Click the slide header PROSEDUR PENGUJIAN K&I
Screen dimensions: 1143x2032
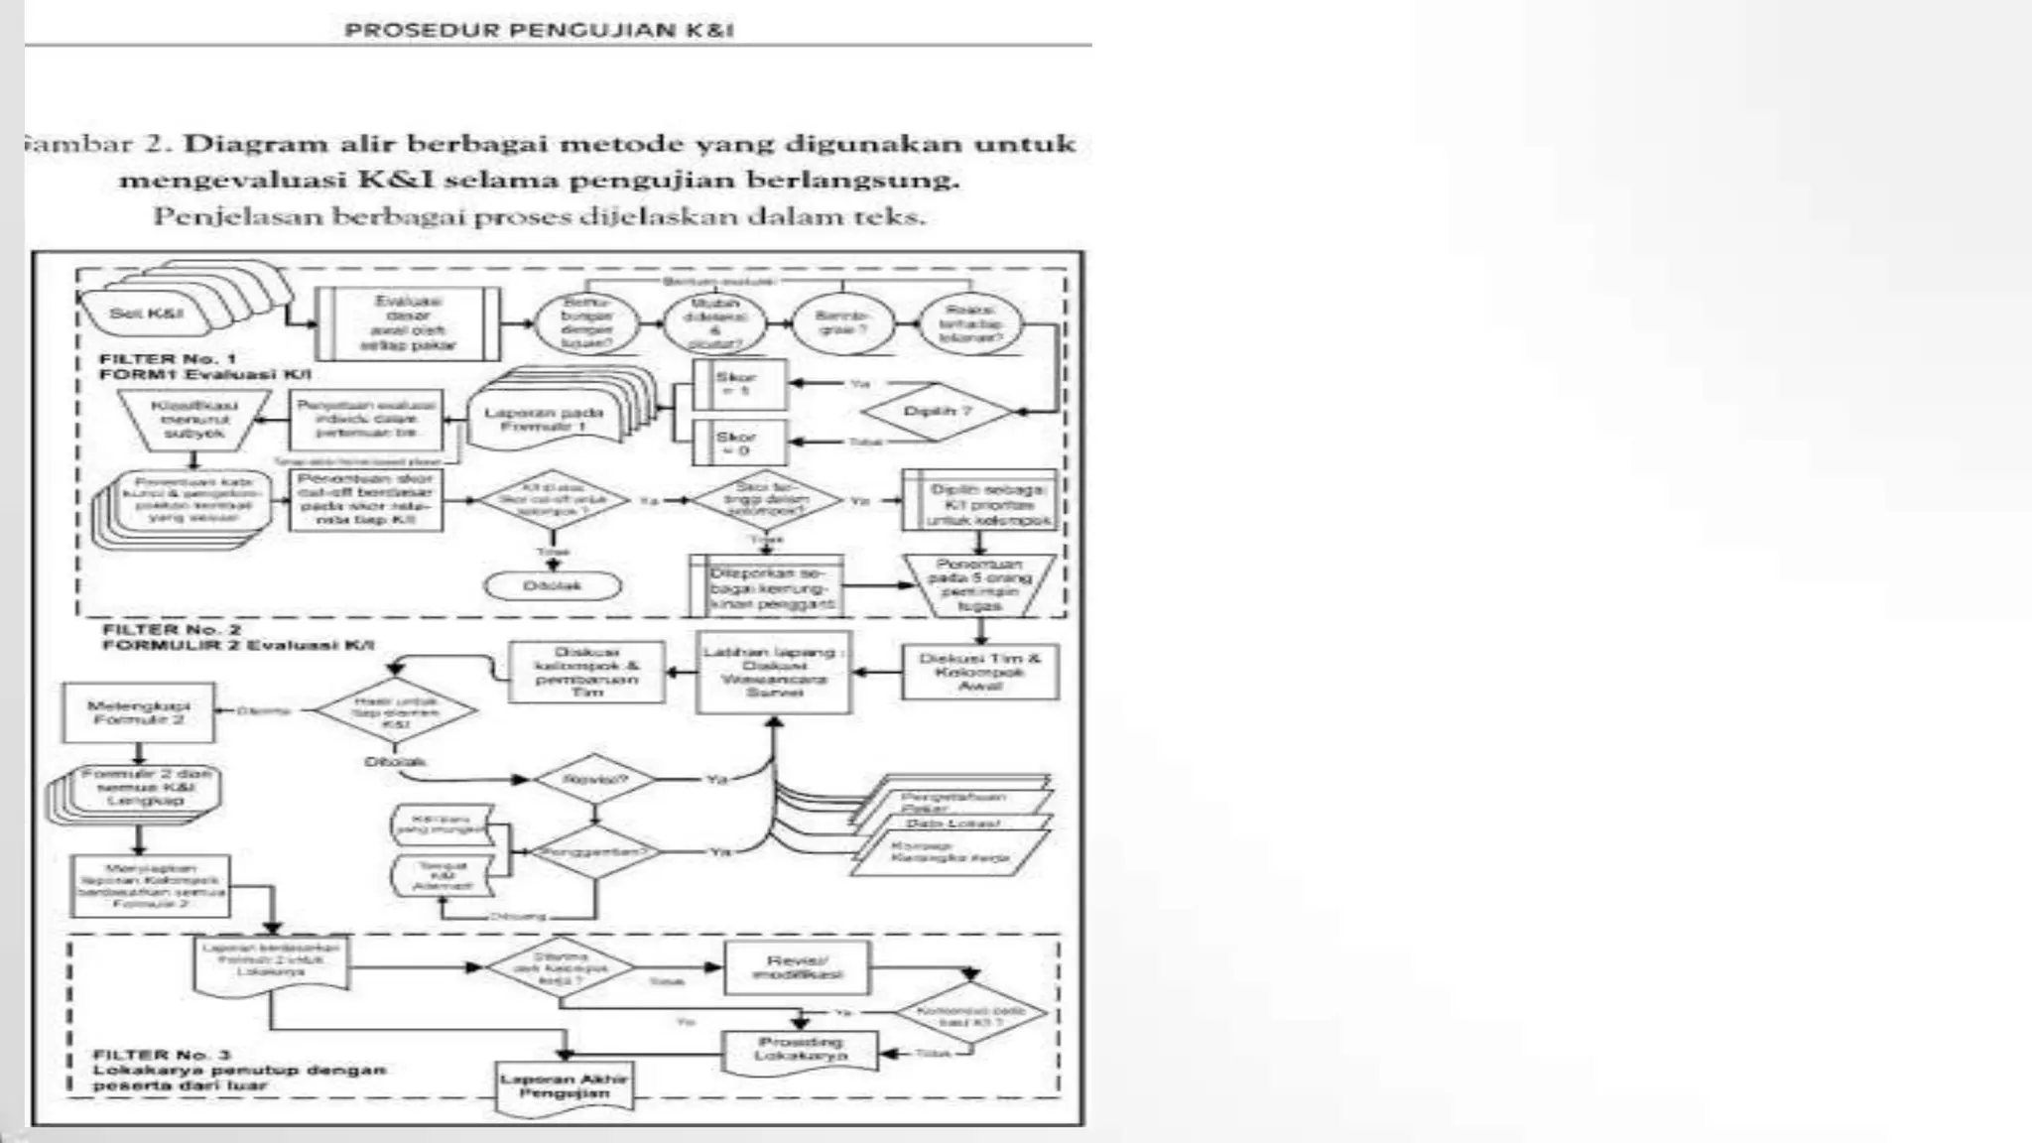(539, 30)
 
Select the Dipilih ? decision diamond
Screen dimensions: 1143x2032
(937, 411)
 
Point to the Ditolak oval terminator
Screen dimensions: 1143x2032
(553, 585)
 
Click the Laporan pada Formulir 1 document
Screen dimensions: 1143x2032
(544, 420)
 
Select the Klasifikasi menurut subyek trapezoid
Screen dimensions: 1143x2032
(194, 419)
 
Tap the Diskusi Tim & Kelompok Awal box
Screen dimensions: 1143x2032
(979, 672)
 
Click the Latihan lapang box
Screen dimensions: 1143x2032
(774, 672)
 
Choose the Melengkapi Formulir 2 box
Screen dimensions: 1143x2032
(138, 712)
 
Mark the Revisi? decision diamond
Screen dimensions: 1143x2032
(595, 780)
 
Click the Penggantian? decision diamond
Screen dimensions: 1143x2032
(594, 851)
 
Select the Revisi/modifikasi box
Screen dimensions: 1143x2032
(797, 967)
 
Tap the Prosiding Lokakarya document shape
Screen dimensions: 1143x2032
(801, 1050)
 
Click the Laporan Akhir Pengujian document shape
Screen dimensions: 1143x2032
(564, 1085)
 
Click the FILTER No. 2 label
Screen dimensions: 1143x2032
(172, 629)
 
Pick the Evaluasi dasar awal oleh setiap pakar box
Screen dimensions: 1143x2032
(408, 323)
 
